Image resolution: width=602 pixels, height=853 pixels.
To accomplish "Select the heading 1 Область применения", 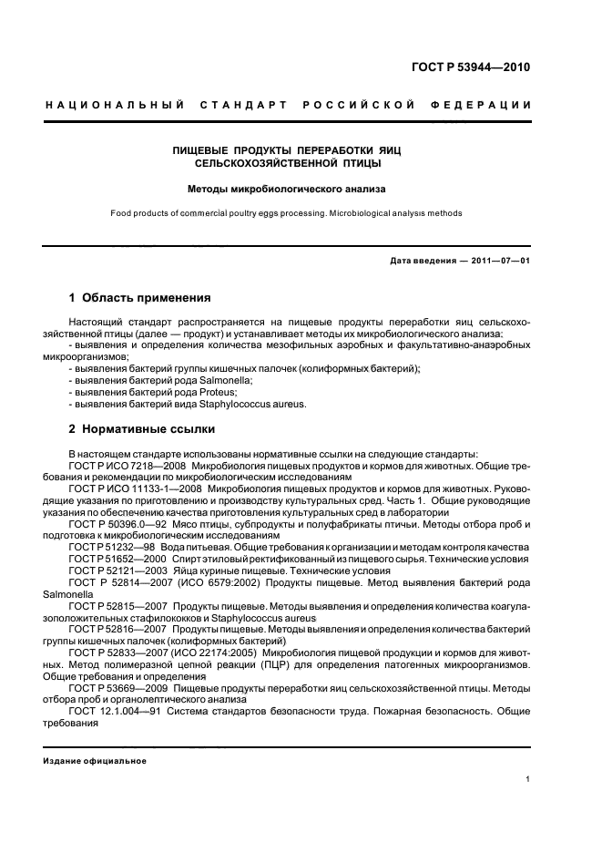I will point(140,298).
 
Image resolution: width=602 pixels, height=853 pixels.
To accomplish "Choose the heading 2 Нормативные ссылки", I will point(142,428).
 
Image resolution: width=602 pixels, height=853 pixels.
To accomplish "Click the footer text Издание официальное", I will point(95,761).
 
